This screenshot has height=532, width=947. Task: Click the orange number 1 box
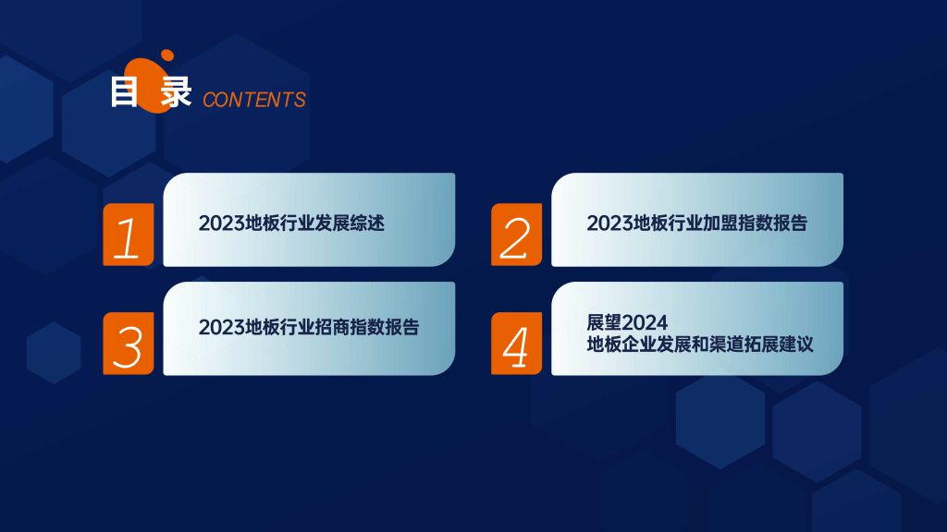coord(128,235)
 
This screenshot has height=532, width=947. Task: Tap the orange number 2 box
coord(516,235)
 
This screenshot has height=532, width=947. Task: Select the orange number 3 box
coord(128,344)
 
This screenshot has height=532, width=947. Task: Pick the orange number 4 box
coord(516,344)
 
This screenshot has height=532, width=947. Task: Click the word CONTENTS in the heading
coord(254,100)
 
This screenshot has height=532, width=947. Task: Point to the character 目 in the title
coord(125,92)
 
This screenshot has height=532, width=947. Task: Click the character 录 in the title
coord(177,92)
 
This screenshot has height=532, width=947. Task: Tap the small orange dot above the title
coord(167,55)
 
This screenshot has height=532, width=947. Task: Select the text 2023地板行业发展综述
coord(291,224)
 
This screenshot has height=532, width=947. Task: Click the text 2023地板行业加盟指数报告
coord(697,224)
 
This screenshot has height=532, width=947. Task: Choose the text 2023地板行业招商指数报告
coord(309,327)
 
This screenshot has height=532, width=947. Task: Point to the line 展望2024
coord(627,322)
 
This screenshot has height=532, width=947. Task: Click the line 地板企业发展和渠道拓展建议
coord(700,345)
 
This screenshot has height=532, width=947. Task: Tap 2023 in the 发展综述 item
coord(222,224)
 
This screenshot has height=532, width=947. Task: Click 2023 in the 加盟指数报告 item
coord(610,224)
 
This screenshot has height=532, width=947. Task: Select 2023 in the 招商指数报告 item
coord(222,328)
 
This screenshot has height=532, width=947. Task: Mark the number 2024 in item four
coord(644,322)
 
